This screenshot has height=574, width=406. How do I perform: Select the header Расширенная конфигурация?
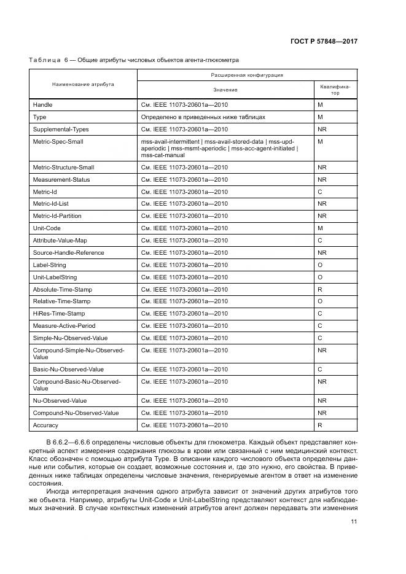pos(246,75)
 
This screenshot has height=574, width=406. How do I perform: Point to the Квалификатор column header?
pos(335,90)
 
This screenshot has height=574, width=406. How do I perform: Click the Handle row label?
pos(42,105)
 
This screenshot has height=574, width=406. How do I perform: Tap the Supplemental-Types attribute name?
pos(60,130)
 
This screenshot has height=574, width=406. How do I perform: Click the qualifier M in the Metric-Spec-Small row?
pos(320,142)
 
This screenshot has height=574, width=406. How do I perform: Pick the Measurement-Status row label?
pos(61,179)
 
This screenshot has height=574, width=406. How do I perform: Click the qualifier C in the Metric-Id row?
pos(320,192)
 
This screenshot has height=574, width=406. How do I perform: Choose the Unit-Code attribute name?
pos(47,228)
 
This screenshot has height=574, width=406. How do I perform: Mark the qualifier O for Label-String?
pos(320,265)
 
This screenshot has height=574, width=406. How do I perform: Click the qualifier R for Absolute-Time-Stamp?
pos(320,289)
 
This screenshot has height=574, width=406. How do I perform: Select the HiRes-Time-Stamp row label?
pos(58,314)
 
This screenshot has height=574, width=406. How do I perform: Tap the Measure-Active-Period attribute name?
pos(64,326)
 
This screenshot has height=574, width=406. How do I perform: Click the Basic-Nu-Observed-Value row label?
pos(69,370)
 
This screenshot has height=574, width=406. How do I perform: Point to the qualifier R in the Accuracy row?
pos(320,425)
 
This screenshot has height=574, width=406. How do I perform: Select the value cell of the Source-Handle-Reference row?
pos(184,253)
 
